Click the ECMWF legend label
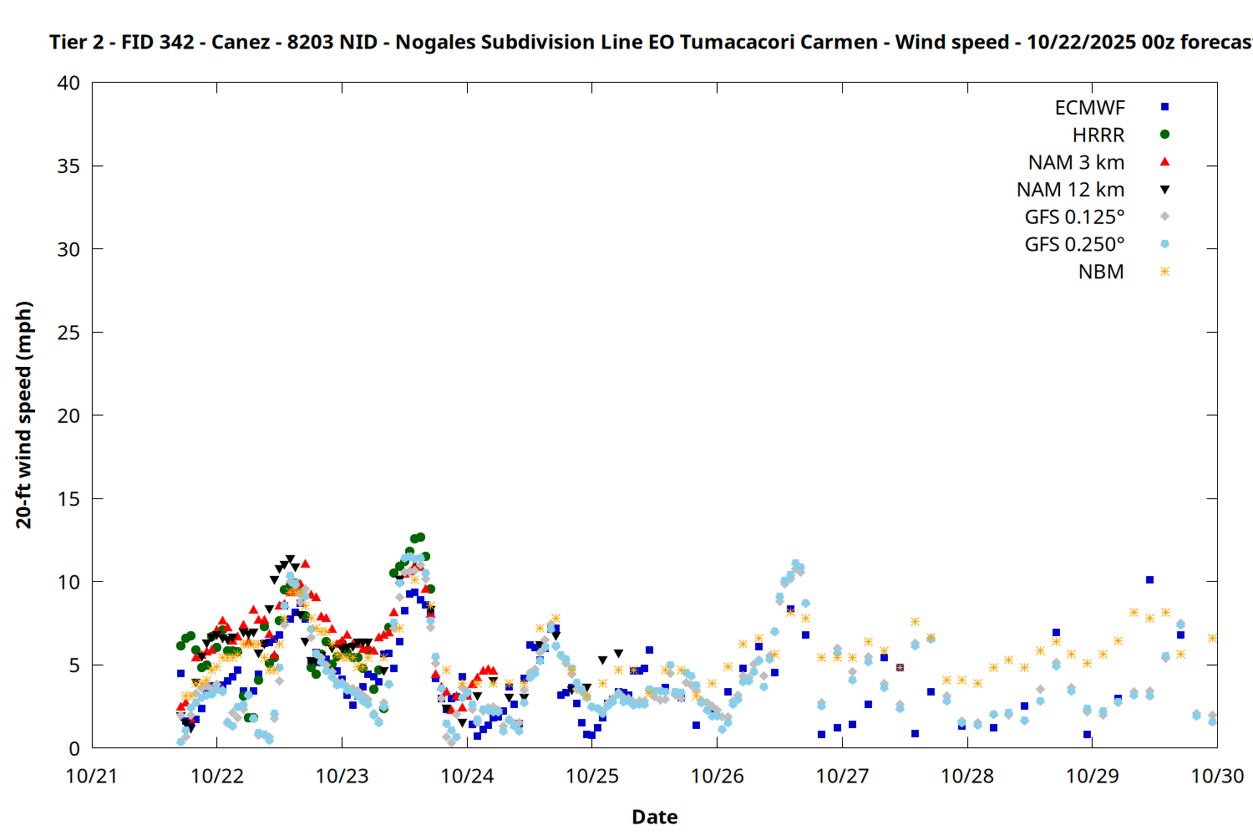(x=1089, y=108)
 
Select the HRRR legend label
(x=1098, y=135)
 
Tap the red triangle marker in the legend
(x=1164, y=161)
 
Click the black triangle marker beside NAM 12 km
(x=1164, y=190)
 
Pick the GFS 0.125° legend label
(x=1074, y=217)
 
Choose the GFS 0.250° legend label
(x=1074, y=245)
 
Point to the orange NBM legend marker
(x=1164, y=272)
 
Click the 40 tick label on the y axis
(x=68, y=83)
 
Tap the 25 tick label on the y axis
(x=68, y=333)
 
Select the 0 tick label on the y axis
(x=74, y=748)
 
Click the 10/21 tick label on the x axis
(x=92, y=776)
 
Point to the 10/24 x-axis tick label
(x=467, y=776)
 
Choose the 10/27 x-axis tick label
(x=842, y=776)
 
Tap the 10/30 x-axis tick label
(x=1217, y=776)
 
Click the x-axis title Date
(x=654, y=817)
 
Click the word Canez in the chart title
(x=241, y=42)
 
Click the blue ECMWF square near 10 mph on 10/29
(x=1149, y=579)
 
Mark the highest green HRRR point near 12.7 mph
(x=420, y=537)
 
